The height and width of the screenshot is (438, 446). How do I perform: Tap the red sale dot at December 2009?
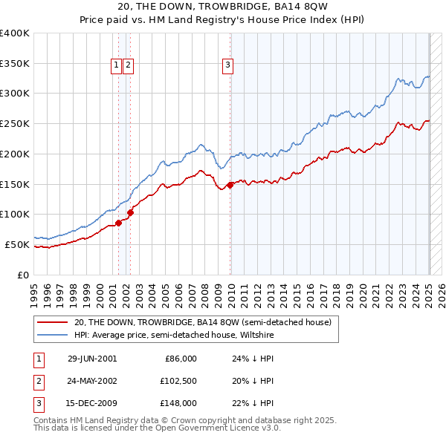(230, 186)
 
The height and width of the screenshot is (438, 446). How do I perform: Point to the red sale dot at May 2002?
(130, 212)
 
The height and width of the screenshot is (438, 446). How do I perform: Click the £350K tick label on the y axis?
(15, 63)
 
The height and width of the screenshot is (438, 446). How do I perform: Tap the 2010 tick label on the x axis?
(230, 290)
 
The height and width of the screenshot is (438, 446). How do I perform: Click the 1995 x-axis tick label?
(34, 290)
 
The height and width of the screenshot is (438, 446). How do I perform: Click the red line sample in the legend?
(52, 321)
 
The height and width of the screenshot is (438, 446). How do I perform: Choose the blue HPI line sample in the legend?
(52, 335)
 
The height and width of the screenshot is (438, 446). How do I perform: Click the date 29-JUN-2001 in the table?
(92, 359)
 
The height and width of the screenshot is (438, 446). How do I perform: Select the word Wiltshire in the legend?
(255, 335)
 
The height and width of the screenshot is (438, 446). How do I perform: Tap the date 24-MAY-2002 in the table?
(92, 381)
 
